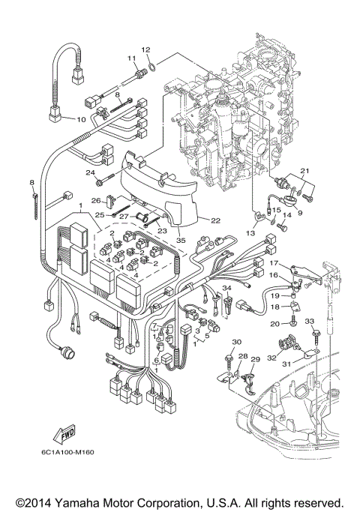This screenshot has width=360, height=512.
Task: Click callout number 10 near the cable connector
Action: point(81,119)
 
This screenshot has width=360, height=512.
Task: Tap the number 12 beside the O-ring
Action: point(147,49)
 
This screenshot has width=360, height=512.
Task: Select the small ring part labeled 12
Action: point(152,66)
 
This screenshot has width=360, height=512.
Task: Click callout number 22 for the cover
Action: point(215,220)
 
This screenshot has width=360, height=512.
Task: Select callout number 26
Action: point(95,199)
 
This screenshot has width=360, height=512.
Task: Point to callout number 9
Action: point(301,212)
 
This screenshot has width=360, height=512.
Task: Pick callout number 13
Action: point(250,233)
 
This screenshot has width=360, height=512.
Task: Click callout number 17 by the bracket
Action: point(274,263)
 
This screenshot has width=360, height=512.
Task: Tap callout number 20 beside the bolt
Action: point(274,322)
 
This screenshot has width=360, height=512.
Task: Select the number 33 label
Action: point(307,321)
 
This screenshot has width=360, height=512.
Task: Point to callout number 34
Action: point(226,287)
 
